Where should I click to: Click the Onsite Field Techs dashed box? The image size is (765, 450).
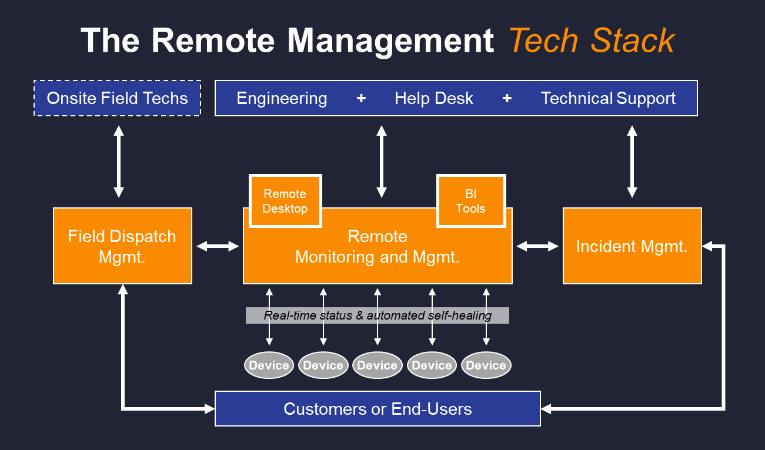pos(117,98)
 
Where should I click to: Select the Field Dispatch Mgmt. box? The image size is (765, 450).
pos(122,246)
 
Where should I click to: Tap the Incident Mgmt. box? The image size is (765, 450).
pos(632,246)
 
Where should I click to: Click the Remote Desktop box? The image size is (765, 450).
pos(285,201)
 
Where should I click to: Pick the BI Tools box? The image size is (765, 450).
pos(470,201)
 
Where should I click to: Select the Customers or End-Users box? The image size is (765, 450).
pos(378,408)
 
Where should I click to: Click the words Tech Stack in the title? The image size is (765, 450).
pos(592,41)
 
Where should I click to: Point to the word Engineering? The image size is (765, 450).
pos(282,98)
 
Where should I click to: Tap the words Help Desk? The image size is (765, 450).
pos(434,98)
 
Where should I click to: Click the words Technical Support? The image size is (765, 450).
pos(608,98)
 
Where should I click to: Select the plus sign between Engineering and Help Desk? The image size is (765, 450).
pos(361,98)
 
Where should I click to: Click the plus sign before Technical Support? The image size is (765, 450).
pos(507,98)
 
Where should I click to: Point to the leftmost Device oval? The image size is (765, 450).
pos(269,365)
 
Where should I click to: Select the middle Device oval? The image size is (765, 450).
pos(378,365)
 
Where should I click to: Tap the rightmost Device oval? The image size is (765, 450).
pos(486,365)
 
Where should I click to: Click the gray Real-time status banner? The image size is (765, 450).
pos(378,315)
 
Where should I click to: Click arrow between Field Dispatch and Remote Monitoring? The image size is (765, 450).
pos(218,246)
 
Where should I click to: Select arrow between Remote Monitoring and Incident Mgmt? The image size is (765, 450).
pos(537,246)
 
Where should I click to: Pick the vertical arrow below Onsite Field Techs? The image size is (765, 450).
pos(119,162)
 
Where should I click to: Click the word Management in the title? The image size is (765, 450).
pos(390,41)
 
